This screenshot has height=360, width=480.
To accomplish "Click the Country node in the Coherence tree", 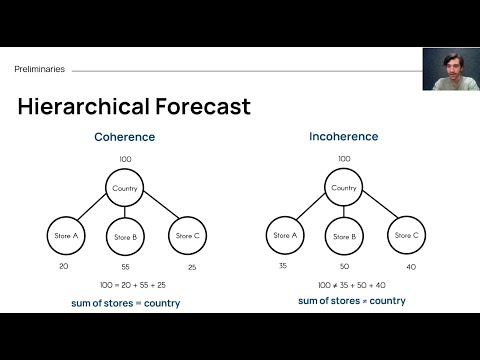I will [x=125, y=187].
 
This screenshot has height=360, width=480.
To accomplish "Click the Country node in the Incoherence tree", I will [x=344, y=187].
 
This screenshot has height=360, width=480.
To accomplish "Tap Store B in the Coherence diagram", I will [x=125, y=238].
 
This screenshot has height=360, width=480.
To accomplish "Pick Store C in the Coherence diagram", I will [x=188, y=236].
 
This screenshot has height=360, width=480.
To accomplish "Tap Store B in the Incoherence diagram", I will [x=344, y=238].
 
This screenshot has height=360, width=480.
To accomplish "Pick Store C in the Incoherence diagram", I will [x=407, y=235].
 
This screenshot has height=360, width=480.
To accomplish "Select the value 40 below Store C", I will [x=412, y=266].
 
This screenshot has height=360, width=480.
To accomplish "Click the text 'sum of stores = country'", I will [x=125, y=302].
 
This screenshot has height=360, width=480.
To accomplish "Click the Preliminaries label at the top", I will [x=39, y=69].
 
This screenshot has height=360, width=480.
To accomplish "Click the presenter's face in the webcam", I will [x=446, y=68].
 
